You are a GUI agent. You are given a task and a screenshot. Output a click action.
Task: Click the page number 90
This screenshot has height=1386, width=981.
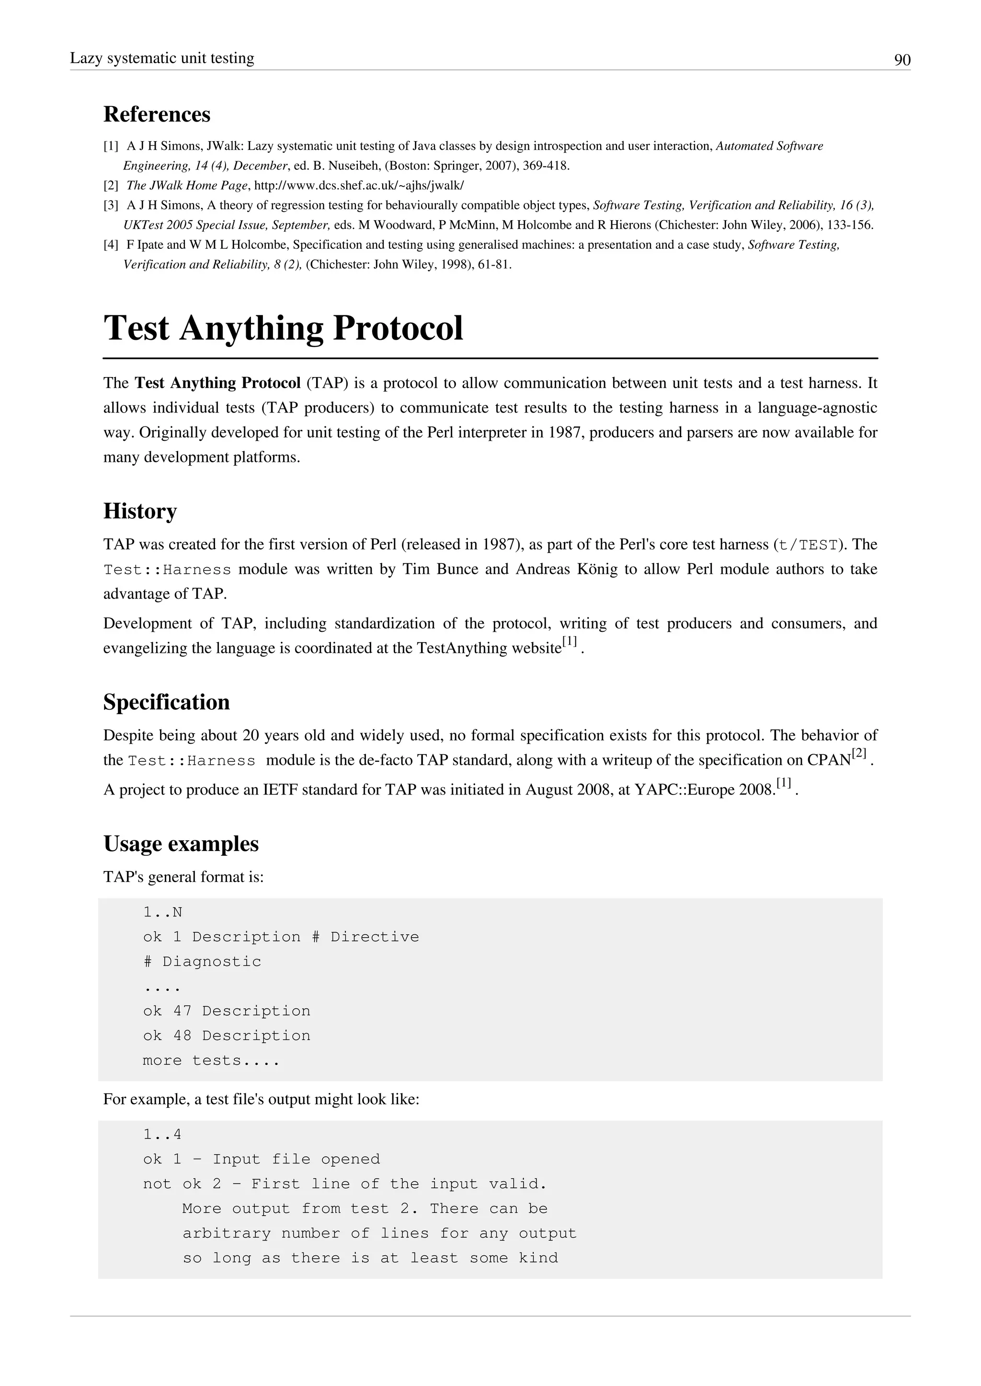click(x=902, y=60)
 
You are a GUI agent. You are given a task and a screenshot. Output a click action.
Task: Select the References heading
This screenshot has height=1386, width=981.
click(x=157, y=114)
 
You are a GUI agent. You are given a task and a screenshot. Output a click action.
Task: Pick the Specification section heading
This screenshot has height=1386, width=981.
click(x=166, y=702)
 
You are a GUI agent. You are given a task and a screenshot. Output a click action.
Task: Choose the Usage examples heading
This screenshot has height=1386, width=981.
click(x=181, y=843)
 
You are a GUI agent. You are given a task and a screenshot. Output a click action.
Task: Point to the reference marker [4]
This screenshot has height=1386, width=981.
click(x=111, y=245)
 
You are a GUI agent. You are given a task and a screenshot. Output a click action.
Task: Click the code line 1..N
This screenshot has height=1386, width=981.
click(x=162, y=912)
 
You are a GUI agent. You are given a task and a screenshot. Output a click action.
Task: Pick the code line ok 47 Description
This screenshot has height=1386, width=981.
click(x=227, y=1011)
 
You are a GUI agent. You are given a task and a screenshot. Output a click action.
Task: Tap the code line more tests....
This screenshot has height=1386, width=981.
click(x=211, y=1061)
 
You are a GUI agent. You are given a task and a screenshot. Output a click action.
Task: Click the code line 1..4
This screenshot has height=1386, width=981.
click(x=162, y=1134)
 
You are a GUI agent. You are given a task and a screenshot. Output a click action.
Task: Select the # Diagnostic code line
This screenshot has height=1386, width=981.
click(x=202, y=961)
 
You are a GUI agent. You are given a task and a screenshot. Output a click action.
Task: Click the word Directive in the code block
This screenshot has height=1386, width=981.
click(x=375, y=937)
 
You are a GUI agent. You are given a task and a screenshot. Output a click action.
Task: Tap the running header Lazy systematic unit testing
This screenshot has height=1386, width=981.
click(x=162, y=58)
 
